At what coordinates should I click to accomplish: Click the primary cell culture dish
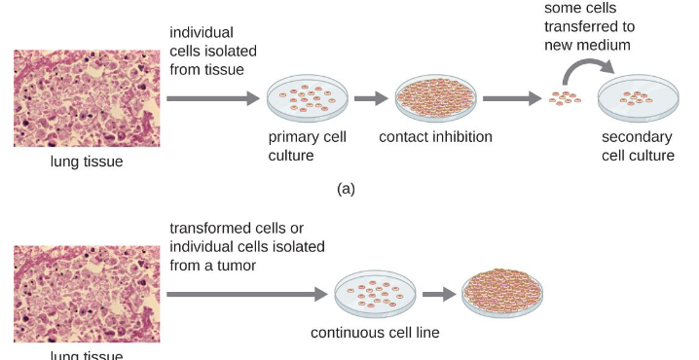[306, 98]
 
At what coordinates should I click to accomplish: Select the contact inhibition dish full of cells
[436, 98]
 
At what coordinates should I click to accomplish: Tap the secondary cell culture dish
[638, 98]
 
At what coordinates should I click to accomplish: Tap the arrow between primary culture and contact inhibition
[371, 98]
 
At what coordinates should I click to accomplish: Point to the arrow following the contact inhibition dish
[512, 98]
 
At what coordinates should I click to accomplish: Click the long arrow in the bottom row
[247, 293]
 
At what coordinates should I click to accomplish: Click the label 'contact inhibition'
[435, 137]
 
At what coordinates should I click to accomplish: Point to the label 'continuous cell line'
[375, 333]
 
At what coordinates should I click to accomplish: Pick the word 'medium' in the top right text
[604, 45]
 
